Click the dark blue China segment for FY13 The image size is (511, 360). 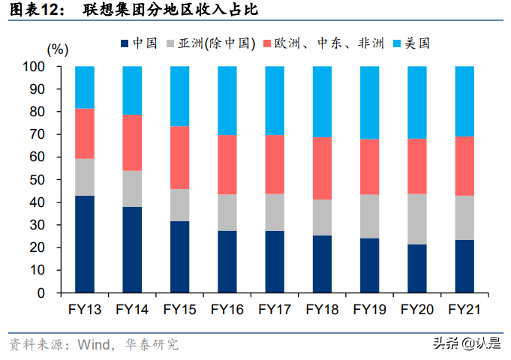[85, 244]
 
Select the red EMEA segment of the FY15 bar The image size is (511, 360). [179, 157]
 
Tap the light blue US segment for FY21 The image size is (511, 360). [464, 101]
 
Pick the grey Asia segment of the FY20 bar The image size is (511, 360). [417, 219]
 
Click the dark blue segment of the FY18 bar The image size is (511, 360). [322, 264]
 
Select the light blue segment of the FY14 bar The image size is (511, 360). [132, 91]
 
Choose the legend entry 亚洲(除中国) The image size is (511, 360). [218, 43]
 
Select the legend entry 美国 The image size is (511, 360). [416, 43]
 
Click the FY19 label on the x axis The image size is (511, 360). [369, 309]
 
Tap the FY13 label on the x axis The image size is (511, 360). [85, 309]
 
